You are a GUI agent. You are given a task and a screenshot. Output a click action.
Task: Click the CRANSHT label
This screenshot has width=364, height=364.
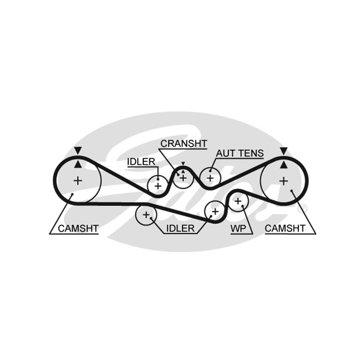[x=183, y=144]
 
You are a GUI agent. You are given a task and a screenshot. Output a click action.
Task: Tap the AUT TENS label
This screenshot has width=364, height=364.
[x=240, y=153]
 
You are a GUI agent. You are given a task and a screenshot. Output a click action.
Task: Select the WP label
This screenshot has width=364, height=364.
[x=238, y=229]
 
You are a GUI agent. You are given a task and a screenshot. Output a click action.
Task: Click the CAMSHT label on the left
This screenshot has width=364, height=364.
[x=78, y=229]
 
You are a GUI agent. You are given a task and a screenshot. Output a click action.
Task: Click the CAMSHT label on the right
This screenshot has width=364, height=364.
[x=285, y=229]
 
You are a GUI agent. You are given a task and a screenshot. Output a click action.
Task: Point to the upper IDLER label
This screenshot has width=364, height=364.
[x=141, y=162]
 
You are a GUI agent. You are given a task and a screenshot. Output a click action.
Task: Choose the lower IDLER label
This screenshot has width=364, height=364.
[x=180, y=229]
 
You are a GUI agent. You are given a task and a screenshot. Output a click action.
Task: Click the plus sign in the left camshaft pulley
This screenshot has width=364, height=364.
[x=78, y=181]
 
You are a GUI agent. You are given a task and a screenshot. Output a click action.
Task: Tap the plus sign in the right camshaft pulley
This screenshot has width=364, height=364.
[x=283, y=181]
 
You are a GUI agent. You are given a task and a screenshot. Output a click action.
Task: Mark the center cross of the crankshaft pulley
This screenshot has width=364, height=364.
[x=183, y=178]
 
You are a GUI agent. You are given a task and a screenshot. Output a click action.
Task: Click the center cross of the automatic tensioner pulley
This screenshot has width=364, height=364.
[x=210, y=178]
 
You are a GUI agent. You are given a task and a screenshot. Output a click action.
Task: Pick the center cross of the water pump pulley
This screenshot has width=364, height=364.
[x=238, y=201]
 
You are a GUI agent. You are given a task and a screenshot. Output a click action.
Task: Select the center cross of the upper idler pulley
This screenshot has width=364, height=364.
[x=158, y=186]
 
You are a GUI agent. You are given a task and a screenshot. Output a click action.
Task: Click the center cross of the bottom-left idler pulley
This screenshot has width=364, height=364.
[x=146, y=215]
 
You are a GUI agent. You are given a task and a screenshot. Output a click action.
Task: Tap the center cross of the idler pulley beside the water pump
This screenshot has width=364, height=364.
[x=215, y=212]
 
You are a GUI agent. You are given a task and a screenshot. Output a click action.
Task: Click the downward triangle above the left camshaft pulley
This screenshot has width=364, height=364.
[x=78, y=151]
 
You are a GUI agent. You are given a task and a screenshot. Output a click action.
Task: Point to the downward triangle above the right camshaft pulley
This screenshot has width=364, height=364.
[x=283, y=151]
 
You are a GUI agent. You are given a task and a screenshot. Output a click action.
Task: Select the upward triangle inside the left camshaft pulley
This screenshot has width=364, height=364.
[x=78, y=164]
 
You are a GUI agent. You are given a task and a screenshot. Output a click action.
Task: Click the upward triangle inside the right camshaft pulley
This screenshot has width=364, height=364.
[x=283, y=165]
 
